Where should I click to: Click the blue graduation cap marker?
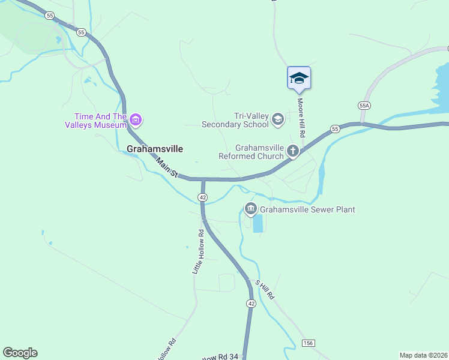[298, 78]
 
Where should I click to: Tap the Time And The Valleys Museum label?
[100, 121]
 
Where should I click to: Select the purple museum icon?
[136, 121]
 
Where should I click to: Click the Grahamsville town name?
[155, 148]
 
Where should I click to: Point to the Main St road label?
[167, 167]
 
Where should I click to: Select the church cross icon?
[293, 151]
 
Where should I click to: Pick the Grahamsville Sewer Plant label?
[308, 209]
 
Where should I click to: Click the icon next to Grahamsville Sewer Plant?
[250, 209]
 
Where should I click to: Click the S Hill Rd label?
[264, 290]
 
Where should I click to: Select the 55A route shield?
[364, 105]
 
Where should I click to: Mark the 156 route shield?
[308, 343]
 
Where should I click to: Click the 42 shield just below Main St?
[203, 197]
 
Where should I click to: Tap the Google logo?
[20, 353]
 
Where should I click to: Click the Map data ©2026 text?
[423, 355]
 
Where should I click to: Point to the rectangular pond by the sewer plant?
[258, 223]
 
